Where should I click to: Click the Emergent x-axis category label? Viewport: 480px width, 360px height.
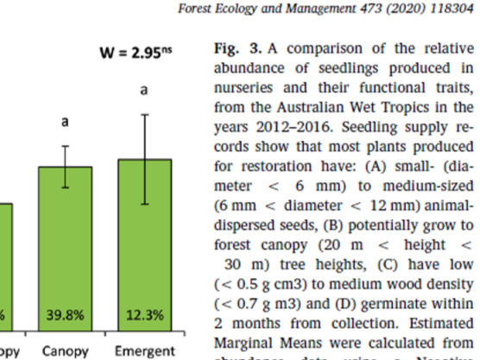[x=145, y=351]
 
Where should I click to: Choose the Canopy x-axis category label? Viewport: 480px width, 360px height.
[x=65, y=351]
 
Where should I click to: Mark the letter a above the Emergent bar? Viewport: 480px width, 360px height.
[x=145, y=88]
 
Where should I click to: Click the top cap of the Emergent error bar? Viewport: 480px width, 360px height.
[x=145, y=114]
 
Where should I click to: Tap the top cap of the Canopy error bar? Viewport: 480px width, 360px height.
[x=65, y=147]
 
